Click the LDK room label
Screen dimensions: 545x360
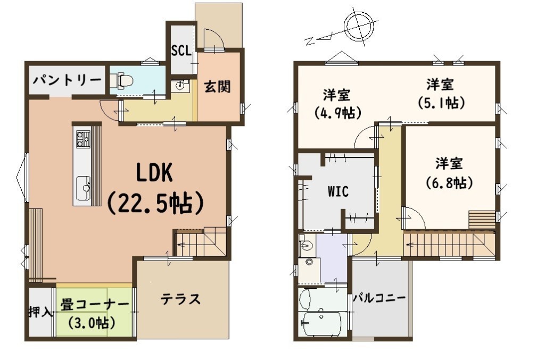[154, 173]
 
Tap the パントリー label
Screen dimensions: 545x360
[67, 80]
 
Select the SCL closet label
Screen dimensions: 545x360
[181, 51]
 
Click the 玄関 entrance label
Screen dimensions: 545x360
[217, 86]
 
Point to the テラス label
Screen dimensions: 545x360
[180, 299]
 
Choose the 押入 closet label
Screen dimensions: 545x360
[40, 312]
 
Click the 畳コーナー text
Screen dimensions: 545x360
[95, 306]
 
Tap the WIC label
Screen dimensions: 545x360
[338, 191]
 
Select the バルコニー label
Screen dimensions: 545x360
[379, 298]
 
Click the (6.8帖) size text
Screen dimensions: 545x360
[449, 182]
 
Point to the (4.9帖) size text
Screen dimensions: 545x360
[337, 113]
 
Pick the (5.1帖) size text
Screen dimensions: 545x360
[441, 103]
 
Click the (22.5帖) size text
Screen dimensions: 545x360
[155, 203]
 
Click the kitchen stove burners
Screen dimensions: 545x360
[82, 138]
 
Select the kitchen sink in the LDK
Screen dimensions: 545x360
[83, 188]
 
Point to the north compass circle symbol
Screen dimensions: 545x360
[361, 27]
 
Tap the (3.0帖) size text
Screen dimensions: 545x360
[92, 323]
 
